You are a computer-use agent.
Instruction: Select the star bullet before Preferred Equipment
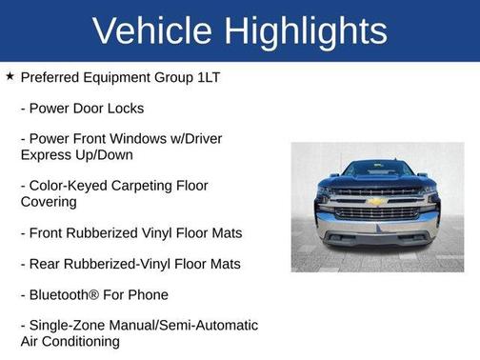pyautogui.click(x=10, y=76)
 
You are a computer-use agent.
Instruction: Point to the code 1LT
pyautogui.click(x=206, y=77)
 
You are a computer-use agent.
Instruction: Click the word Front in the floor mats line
pyautogui.click(x=48, y=232)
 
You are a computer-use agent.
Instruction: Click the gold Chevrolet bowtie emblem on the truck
pyautogui.click(x=377, y=201)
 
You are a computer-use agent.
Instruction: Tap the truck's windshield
pyautogui.click(x=377, y=170)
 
